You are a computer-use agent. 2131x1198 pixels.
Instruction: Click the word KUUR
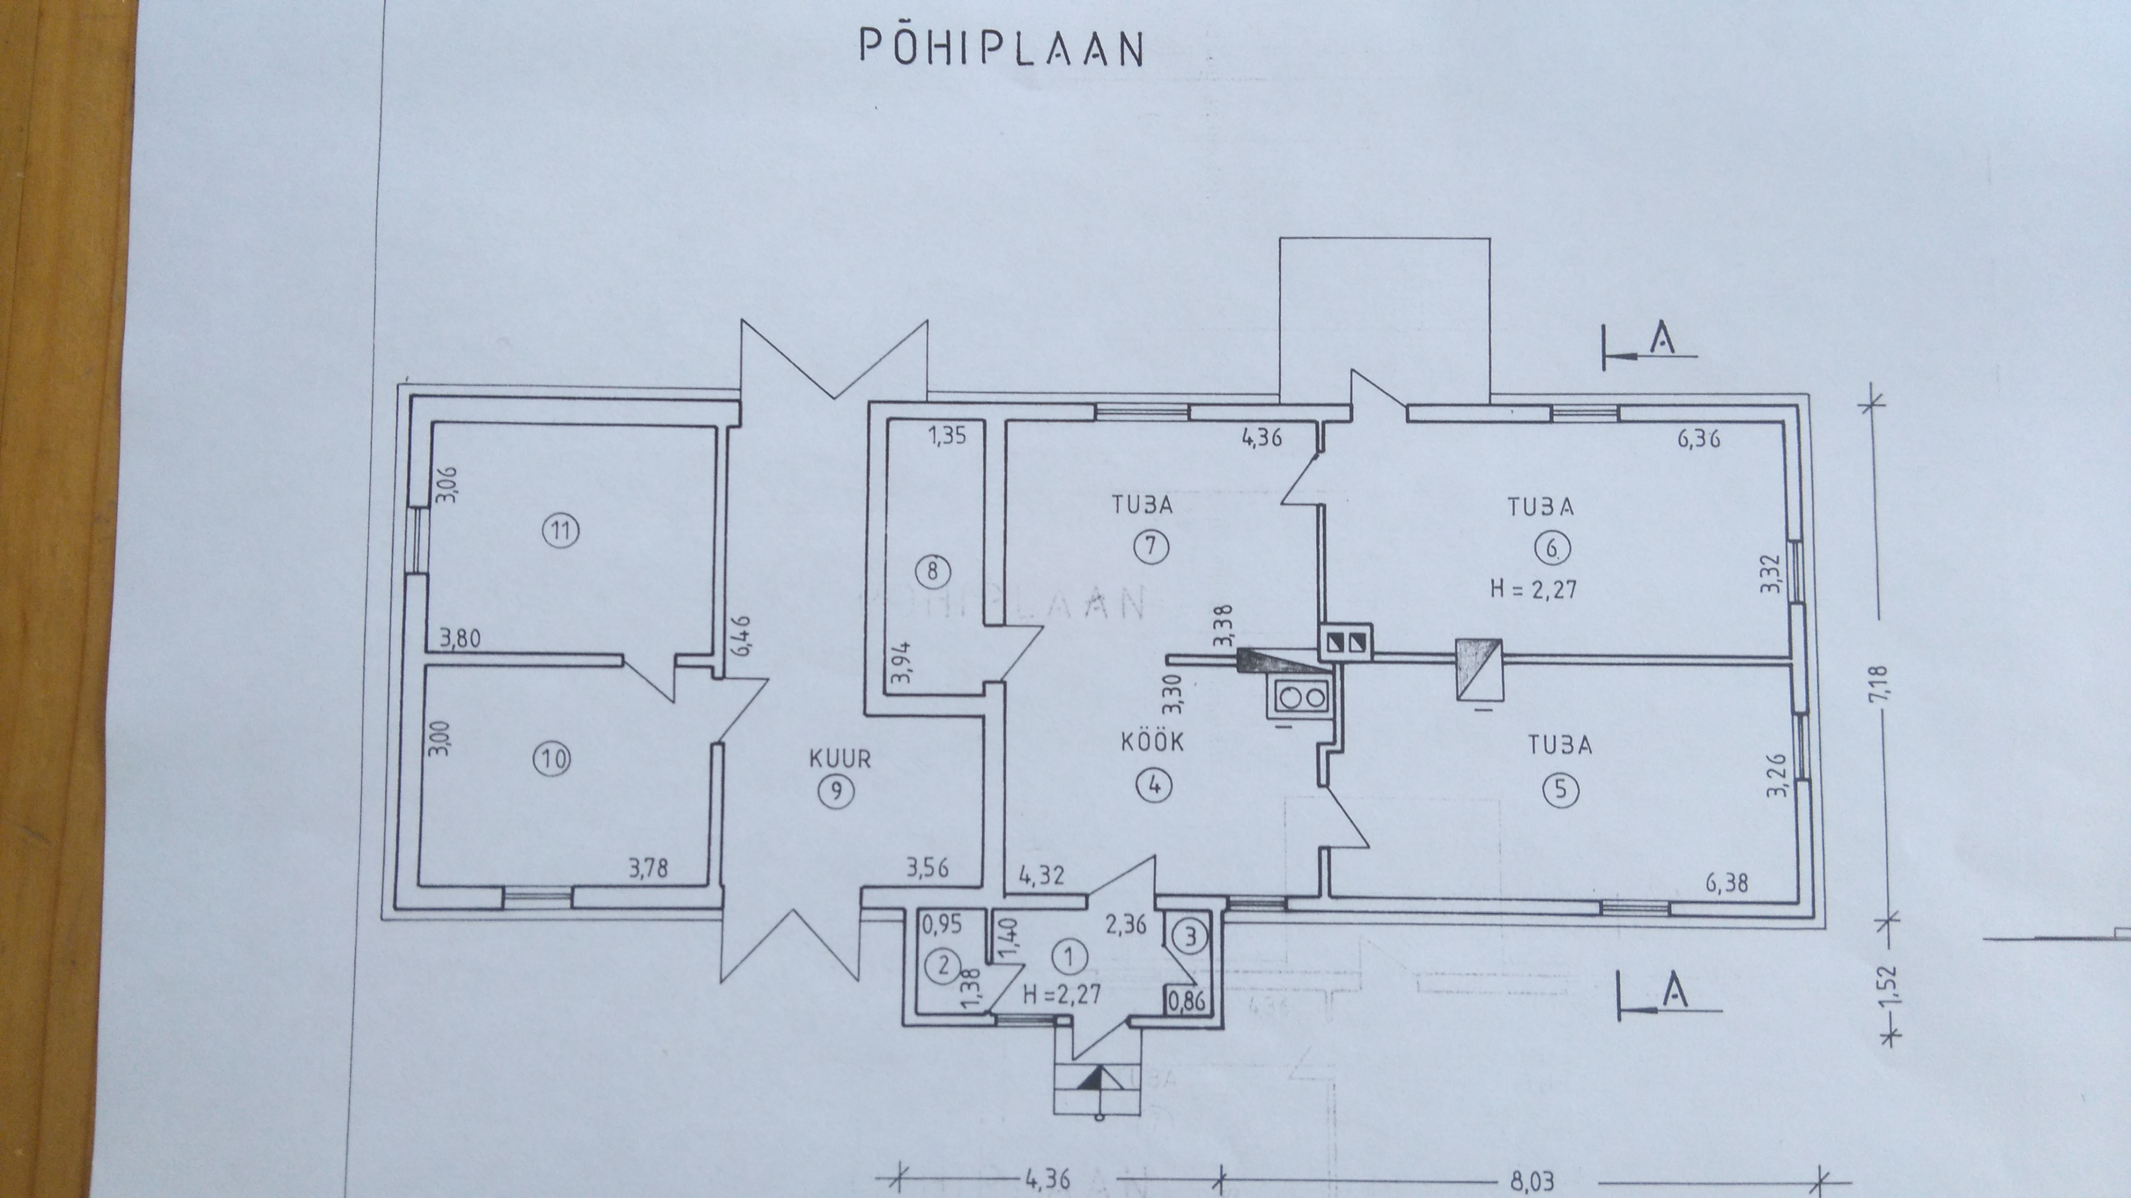840,758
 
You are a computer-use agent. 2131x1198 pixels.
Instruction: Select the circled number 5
1560,790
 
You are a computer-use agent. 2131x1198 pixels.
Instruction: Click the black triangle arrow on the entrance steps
1099,1077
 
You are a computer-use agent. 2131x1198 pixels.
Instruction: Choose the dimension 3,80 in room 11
461,639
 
